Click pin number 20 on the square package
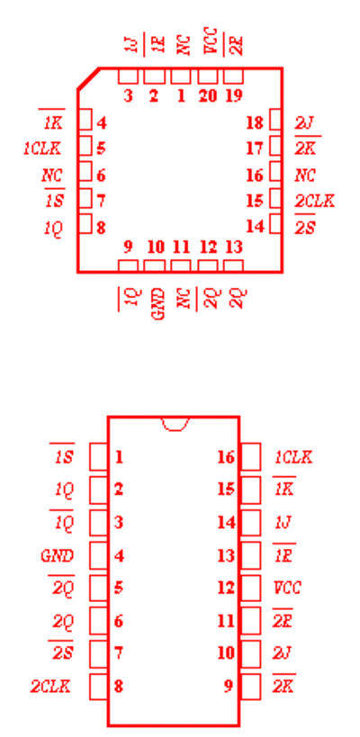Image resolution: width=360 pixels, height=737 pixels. point(208,96)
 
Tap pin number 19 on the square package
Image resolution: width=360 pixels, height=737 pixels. point(234,96)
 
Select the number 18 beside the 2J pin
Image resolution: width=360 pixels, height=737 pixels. point(255,123)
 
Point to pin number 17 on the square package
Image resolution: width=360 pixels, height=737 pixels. point(255,148)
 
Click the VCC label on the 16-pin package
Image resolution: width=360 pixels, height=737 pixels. point(287,588)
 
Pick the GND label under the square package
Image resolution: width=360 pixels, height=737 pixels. point(159,304)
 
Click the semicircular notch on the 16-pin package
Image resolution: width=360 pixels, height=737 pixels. point(175,424)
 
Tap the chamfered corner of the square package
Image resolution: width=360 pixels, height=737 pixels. point(88,78)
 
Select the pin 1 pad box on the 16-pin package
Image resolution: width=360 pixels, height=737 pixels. point(99,456)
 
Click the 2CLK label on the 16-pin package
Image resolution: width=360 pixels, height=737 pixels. point(50,687)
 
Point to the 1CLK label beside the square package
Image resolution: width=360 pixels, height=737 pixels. point(42,148)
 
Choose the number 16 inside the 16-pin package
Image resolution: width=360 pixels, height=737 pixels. point(226,456)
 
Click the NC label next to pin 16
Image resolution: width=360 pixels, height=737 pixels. point(305,175)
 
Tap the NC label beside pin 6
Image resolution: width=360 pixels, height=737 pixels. point(52,175)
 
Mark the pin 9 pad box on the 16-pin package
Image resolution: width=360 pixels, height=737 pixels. point(250,687)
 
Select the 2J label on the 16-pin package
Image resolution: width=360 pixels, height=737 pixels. point(283,653)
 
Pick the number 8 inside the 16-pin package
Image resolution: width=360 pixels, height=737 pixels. point(119,687)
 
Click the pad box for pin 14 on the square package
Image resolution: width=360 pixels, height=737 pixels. point(276,224)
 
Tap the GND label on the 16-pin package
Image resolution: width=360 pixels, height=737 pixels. point(58,556)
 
